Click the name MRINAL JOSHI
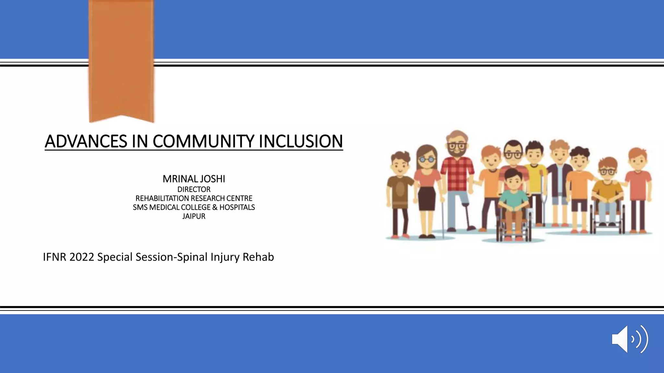pos(194,179)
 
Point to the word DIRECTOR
pos(194,189)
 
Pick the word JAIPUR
pos(194,216)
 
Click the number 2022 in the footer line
pos(82,257)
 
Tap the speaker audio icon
pos(630,339)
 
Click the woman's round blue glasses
pos(427,159)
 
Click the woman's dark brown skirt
pos(427,198)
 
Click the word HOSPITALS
pos(237,207)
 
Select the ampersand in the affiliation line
pos(215,207)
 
